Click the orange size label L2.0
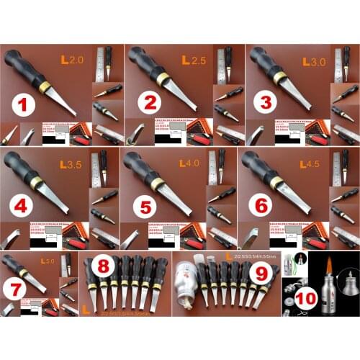tap(75, 58)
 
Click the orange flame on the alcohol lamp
tap(337, 268)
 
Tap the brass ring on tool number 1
tap(45, 85)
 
